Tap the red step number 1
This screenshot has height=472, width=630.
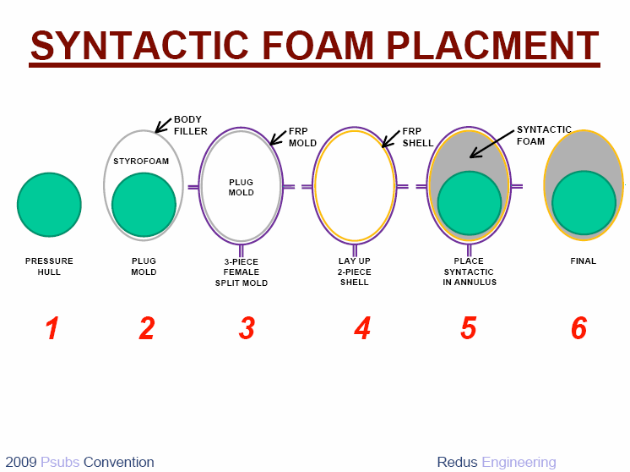click(52, 328)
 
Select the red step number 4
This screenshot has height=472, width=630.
click(362, 328)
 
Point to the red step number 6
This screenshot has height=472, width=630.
click(579, 328)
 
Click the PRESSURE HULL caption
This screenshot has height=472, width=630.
click(49, 266)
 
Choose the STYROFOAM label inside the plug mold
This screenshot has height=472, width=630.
click(141, 162)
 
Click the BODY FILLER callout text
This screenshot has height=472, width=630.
click(191, 125)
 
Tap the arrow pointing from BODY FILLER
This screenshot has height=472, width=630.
click(163, 125)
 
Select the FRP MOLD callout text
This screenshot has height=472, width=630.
click(302, 137)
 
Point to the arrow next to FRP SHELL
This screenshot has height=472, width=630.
click(390, 139)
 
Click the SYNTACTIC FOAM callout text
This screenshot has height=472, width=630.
click(544, 135)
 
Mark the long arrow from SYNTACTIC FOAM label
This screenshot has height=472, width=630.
click(492, 144)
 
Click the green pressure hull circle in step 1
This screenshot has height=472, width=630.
click(49, 205)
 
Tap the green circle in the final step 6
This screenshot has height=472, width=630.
click(584, 203)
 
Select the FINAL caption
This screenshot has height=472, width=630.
click(584, 261)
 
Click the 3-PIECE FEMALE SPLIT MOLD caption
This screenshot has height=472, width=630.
click(241, 272)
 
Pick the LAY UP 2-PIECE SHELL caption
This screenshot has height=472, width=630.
click(355, 272)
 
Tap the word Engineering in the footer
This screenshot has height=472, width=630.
click(519, 463)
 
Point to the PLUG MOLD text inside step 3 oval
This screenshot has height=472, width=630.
click(241, 188)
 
